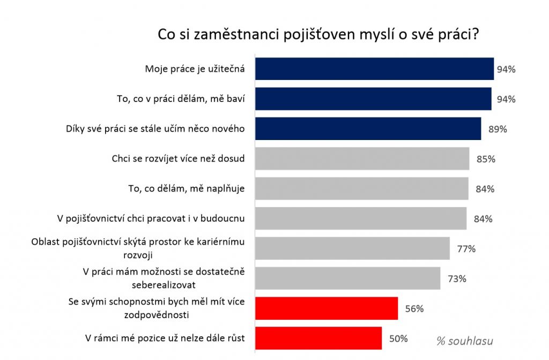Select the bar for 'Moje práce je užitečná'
[374, 69]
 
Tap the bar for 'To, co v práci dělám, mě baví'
[373, 99]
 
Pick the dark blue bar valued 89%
[368, 129]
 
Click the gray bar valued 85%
[362, 159]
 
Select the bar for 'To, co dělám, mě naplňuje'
[361, 189]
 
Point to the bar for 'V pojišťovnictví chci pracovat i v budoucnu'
[361, 218]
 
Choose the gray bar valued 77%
[352, 248]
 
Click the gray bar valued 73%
[347, 278]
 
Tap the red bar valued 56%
[326, 308]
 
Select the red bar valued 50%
[318, 338]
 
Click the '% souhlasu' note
[464, 341]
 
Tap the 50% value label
[398, 339]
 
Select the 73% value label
[457, 279]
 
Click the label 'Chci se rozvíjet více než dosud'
[179, 159]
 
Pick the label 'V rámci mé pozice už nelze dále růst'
[165, 338]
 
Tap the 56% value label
[414, 308]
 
